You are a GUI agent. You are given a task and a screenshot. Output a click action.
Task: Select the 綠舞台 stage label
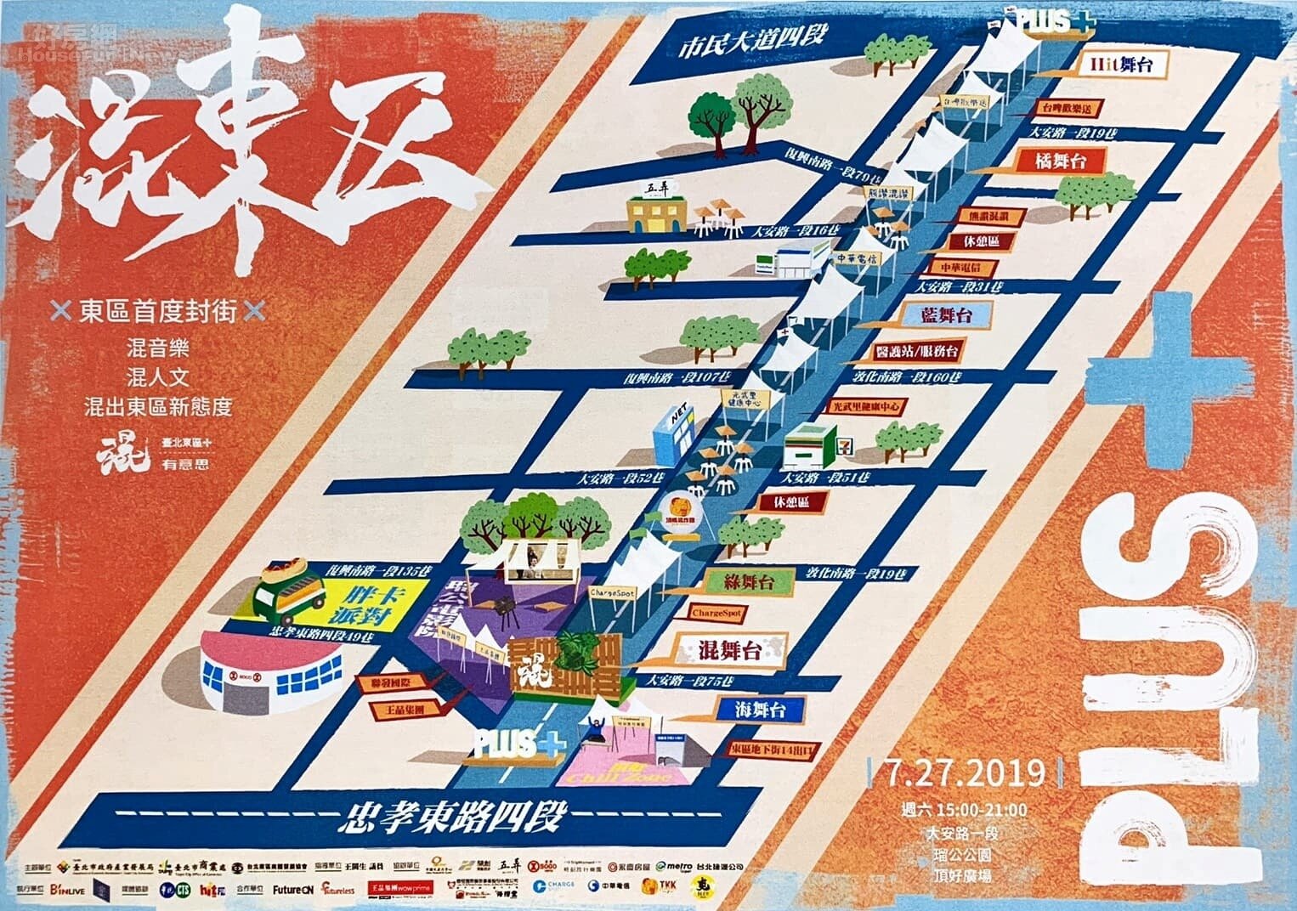(x=748, y=583)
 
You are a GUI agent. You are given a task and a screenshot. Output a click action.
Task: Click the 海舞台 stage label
(x=759, y=709)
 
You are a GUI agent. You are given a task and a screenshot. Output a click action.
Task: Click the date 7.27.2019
(x=966, y=772)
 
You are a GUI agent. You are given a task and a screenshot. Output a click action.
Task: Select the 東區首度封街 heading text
(x=157, y=312)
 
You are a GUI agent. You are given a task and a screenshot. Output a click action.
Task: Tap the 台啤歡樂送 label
(x=1071, y=109)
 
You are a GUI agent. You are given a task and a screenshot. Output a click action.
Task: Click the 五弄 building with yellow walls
(x=656, y=210)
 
